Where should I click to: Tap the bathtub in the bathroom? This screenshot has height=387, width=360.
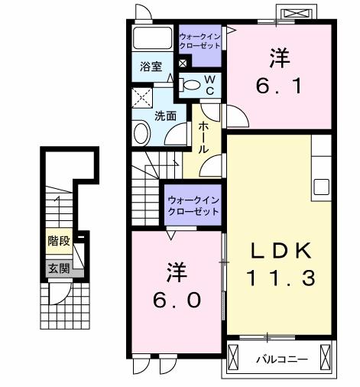pyautogui.click(x=153, y=39)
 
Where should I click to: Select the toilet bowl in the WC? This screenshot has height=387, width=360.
pyautogui.click(x=193, y=84)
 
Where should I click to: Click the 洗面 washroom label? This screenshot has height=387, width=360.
pyautogui.click(x=165, y=116)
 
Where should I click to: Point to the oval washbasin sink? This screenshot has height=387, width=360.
pyautogui.click(x=141, y=134)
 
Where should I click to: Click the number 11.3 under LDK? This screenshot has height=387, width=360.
pyautogui.click(x=280, y=278)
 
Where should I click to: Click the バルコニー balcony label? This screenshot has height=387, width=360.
pyautogui.click(x=281, y=359)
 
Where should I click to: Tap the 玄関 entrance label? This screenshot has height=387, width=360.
pyautogui.click(x=58, y=268)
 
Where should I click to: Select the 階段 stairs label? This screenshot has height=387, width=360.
pyautogui.click(x=58, y=241)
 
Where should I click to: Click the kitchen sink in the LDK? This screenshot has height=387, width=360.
pyautogui.click(x=321, y=186)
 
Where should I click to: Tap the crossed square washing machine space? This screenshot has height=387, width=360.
pyautogui.click(x=142, y=96)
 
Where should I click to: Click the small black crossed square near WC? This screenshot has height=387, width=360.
pyautogui.click(x=183, y=64)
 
